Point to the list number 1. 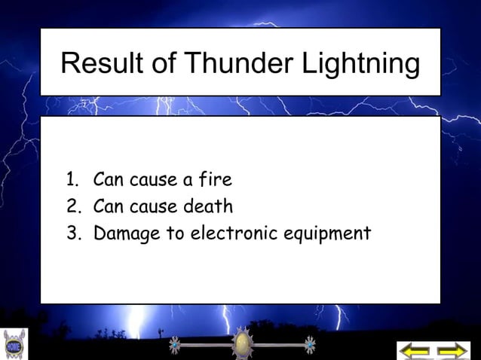(72, 180)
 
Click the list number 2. (72, 206)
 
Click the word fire (214, 180)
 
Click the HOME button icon (14, 346)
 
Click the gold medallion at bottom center (241, 346)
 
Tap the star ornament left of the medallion (175, 346)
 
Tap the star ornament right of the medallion (308, 346)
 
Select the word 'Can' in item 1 (107, 180)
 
